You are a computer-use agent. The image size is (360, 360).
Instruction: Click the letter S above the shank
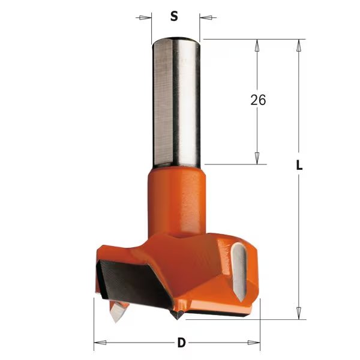[x=174, y=17]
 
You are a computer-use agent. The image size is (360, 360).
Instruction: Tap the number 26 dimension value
[x=258, y=100]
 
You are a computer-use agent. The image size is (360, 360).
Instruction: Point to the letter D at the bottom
[x=181, y=344]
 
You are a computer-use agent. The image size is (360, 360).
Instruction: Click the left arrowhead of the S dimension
[x=144, y=17]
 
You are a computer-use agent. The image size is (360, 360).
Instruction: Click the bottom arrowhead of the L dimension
[x=297, y=312]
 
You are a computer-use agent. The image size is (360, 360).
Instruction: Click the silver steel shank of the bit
[x=175, y=102]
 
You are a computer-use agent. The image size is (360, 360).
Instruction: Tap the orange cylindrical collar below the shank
[x=175, y=192]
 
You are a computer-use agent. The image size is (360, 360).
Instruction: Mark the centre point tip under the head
[x=178, y=314]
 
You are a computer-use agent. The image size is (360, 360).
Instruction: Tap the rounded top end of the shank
[x=175, y=41]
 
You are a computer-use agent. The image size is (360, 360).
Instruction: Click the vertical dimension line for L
[x=297, y=240]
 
